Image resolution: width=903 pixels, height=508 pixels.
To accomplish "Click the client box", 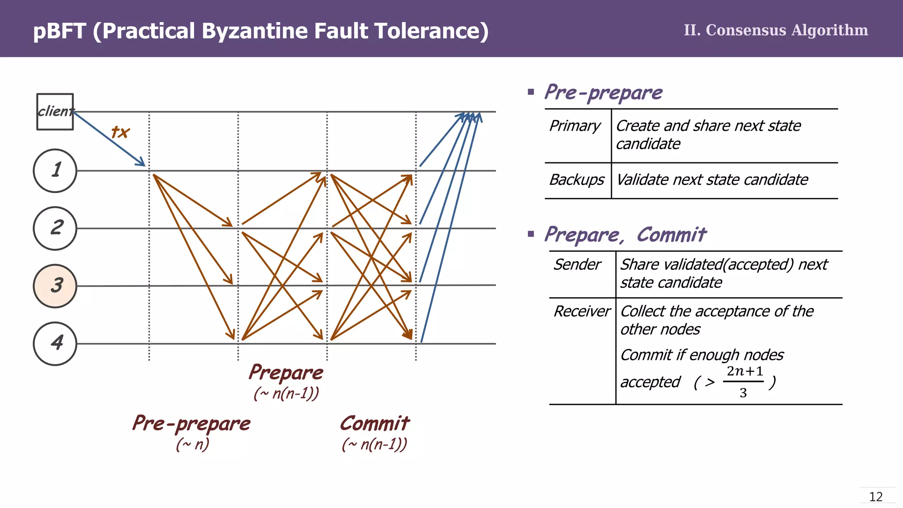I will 55,112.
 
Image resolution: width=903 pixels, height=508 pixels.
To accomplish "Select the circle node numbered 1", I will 55,171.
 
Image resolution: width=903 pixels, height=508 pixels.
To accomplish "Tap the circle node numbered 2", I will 55,228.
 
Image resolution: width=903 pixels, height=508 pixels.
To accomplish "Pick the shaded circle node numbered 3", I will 55,286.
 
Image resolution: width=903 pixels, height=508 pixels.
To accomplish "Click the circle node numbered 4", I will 55,344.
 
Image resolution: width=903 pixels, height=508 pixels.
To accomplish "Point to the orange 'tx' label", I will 120,132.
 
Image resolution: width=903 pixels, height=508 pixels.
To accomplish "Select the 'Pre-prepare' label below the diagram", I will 191,424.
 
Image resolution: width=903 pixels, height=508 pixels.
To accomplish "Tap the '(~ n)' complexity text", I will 193,444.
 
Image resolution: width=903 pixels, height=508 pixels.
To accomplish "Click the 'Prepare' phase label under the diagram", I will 286,373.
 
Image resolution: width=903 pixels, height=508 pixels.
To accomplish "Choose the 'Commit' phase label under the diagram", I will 374,424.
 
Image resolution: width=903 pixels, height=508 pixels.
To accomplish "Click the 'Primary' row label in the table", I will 575,126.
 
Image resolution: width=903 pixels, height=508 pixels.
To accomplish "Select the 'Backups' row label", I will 577,180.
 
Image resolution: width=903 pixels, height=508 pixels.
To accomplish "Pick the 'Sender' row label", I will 577,265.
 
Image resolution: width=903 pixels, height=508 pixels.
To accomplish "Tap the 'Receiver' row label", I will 582,311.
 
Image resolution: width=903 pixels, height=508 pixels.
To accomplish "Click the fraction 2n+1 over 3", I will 744,381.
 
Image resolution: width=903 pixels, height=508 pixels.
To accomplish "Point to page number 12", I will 876,497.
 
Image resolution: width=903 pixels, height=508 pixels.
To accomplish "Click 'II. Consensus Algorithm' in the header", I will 776,30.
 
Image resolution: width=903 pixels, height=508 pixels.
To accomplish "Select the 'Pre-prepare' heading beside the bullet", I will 603,93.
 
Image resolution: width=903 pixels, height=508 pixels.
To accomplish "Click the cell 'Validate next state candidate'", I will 712,180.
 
